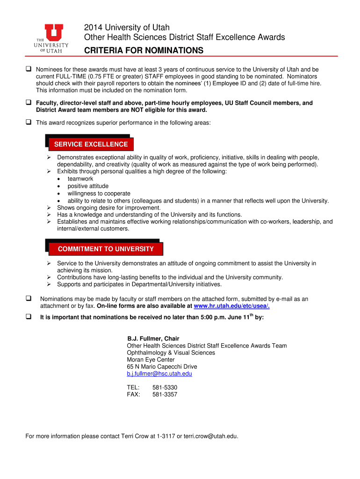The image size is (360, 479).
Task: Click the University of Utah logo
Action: [51, 39]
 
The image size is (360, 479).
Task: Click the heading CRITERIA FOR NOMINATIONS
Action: [144, 50]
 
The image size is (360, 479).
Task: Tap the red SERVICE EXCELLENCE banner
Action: [91, 144]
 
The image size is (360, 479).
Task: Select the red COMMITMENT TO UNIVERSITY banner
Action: [106, 249]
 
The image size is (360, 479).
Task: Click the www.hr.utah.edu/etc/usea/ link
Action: [231, 306]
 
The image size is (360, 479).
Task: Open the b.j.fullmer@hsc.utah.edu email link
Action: [159, 374]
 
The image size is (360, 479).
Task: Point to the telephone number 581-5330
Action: [165, 387]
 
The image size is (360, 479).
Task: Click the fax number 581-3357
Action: [165, 394]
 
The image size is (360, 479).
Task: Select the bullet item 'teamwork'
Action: [80, 179]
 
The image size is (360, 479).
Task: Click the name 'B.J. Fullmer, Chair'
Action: [153, 339]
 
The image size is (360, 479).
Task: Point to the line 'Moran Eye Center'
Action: [151, 360]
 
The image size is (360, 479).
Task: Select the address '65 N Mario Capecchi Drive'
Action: [162, 367]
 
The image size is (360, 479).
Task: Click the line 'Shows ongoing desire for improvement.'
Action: [109, 208]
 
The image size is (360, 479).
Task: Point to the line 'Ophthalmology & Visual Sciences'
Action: [171, 353]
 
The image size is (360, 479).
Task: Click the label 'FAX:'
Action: [134, 394]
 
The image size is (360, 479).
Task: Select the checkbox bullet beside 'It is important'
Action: [29, 317]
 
